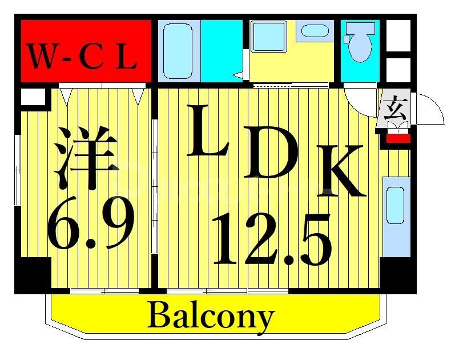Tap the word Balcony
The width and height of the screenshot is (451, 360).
tap(211, 316)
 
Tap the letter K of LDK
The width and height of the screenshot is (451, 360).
tap(341, 171)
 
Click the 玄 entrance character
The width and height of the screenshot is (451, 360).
tap(394, 108)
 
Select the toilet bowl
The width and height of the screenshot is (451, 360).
tap(361, 49)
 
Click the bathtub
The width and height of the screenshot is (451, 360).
tap(178, 51)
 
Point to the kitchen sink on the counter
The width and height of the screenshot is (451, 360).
tap(395, 205)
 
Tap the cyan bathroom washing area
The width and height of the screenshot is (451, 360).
tap(222, 49)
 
